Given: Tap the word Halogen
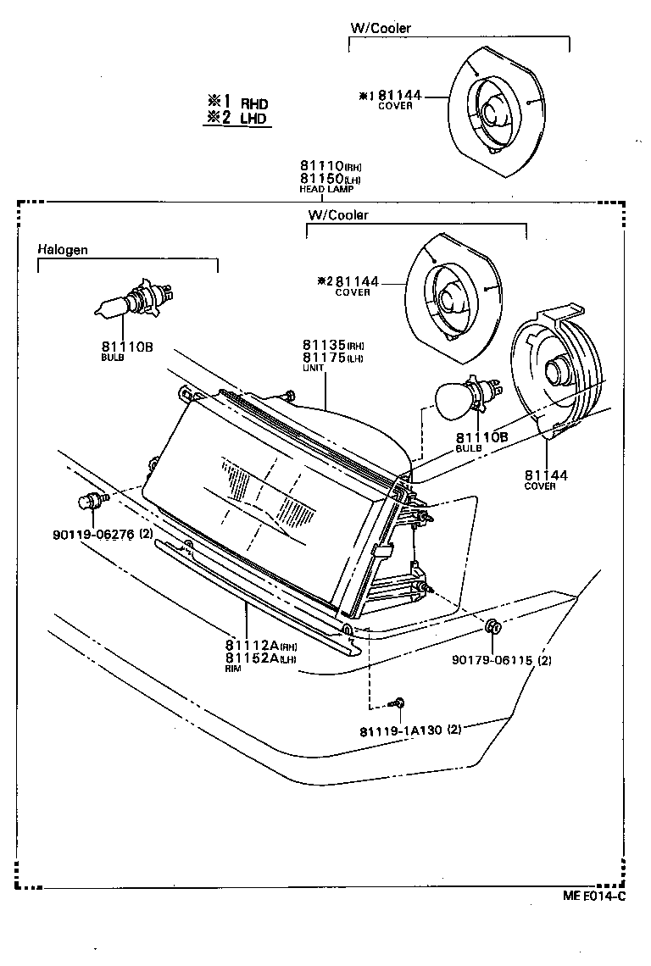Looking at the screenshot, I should coord(63,250).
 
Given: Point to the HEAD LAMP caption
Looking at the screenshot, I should coord(326,190).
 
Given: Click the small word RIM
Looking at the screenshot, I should coord(233,669).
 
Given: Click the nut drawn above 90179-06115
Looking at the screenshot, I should coord(492,628).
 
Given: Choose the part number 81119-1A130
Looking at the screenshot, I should coord(401,729).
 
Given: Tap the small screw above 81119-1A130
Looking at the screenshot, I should coord(398,702).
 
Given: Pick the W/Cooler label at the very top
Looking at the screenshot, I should coord(381,28).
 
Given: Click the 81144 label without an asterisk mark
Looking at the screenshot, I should coord(545,475).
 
